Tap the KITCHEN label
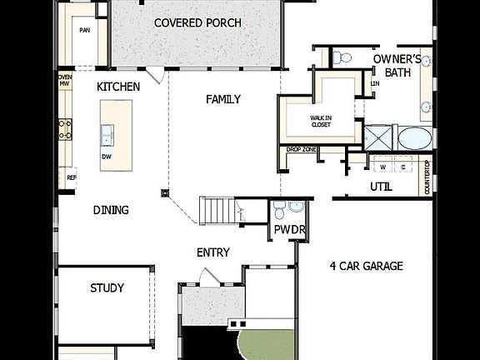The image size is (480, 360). point(117,87)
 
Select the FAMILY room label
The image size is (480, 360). point(223,99)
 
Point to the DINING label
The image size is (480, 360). point(111,210)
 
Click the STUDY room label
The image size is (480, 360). point(107,288)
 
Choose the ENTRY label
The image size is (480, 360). point(213,252)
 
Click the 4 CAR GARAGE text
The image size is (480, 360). point(366,267)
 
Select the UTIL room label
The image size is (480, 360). point(381,187)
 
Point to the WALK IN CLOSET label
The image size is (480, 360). point(321,122)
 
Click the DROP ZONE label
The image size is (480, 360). point(300,149)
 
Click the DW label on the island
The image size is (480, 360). point(107,156)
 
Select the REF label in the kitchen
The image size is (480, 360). point(71,177)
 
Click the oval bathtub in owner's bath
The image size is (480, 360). point(414,138)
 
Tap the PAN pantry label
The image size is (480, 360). point(84,30)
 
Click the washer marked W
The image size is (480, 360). point(382,167)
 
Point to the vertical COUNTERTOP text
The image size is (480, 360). point(427,177)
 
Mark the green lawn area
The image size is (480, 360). point(267,342)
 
